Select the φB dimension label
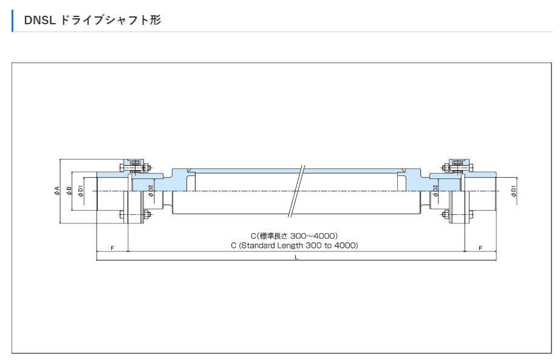(x=69, y=191)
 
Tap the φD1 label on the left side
(x=81, y=191)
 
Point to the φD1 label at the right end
(x=514, y=191)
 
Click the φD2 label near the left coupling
(x=151, y=191)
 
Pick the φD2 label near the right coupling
(x=436, y=191)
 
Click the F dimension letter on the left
(x=112, y=249)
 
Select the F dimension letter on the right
(x=480, y=249)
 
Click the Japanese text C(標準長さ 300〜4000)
(x=294, y=236)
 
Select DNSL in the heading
(x=39, y=20)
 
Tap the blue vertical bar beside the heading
(x=13, y=20)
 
